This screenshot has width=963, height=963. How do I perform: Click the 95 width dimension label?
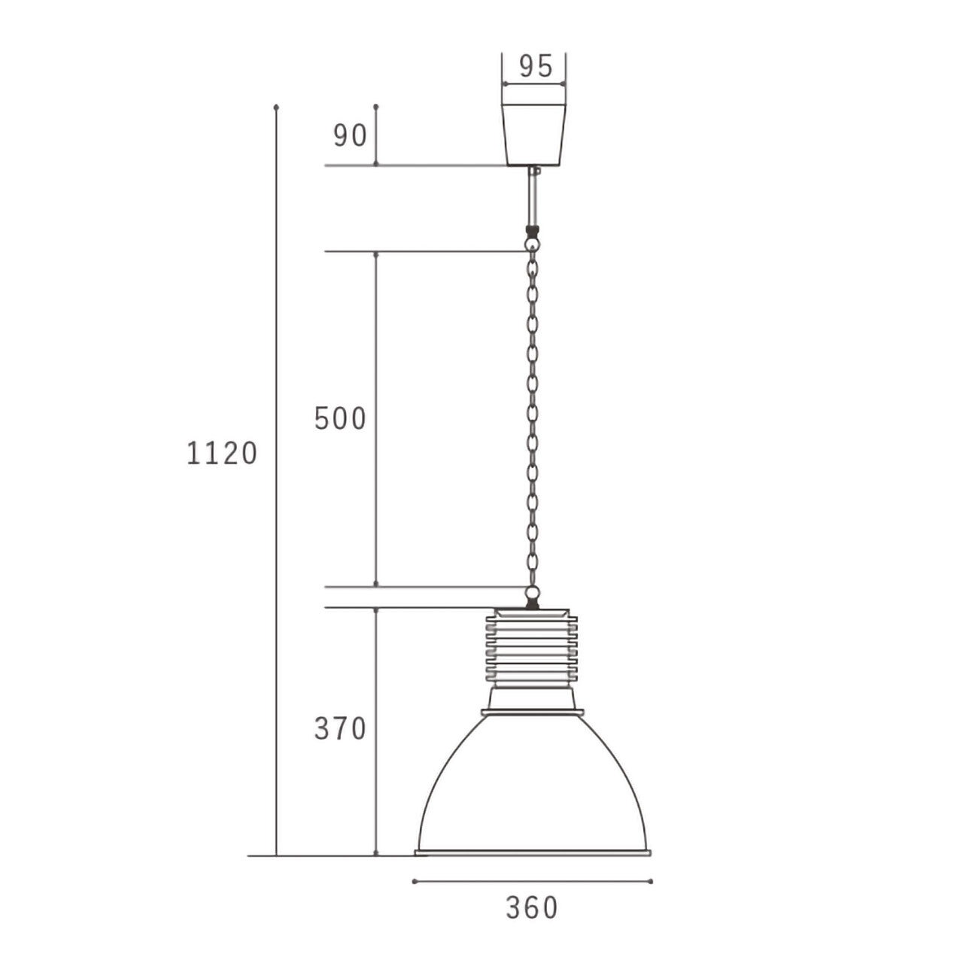pyautogui.click(x=536, y=66)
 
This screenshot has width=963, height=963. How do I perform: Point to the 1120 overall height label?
pyautogui.click(x=222, y=454)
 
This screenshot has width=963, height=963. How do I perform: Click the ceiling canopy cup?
pyautogui.click(x=534, y=135)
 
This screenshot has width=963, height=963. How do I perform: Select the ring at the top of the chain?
pyautogui.click(x=533, y=243)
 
